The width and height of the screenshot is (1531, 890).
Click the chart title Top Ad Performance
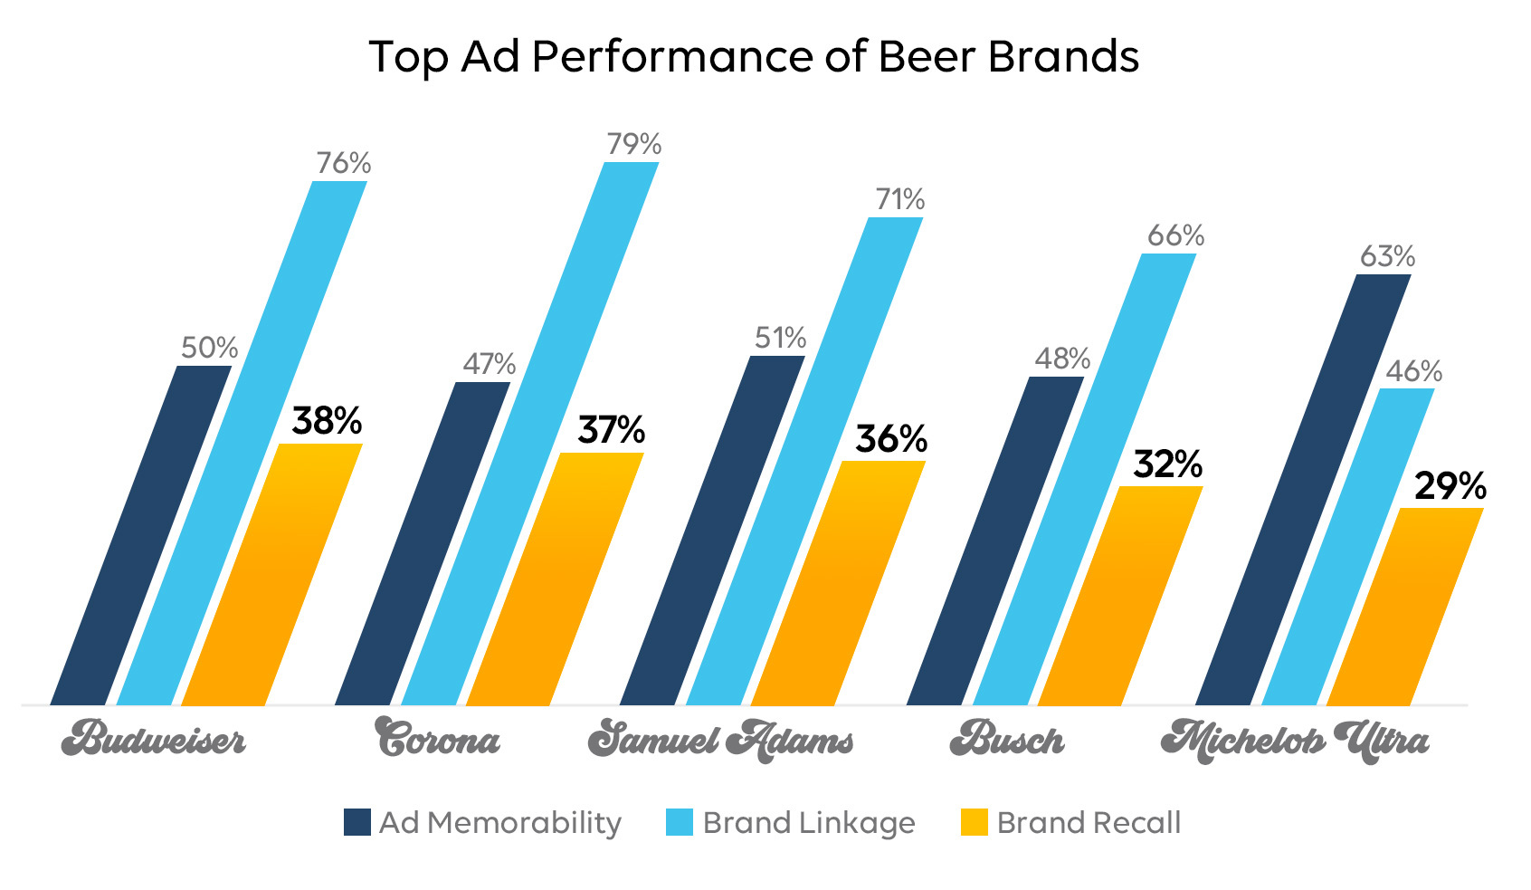click(753, 56)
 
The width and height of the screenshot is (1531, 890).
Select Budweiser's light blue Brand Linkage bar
click(242, 444)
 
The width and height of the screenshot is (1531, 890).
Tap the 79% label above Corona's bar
click(633, 144)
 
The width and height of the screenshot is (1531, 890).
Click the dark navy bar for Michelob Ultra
click(1303, 489)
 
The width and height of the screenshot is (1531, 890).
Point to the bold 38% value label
click(327, 421)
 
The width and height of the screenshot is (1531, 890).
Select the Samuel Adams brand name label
click(720, 740)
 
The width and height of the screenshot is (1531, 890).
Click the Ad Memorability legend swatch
click(357, 822)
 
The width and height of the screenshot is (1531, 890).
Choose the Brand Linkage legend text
click(808, 822)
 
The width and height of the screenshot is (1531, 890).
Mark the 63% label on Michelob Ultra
click(1386, 256)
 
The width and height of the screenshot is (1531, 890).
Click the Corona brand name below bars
click(438, 740)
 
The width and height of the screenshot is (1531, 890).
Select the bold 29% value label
click(1450, 487)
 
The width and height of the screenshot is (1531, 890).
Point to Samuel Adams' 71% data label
click(899, 199)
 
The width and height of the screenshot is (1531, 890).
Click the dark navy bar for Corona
click(423, 543)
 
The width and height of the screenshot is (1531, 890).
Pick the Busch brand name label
click(1006, 740)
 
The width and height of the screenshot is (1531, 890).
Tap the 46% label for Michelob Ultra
click(1413, 371)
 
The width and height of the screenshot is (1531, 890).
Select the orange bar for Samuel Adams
click(839, 584)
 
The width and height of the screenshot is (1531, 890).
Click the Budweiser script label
click(153, 740)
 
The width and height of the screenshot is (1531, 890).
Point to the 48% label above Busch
click(1062, 359)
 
